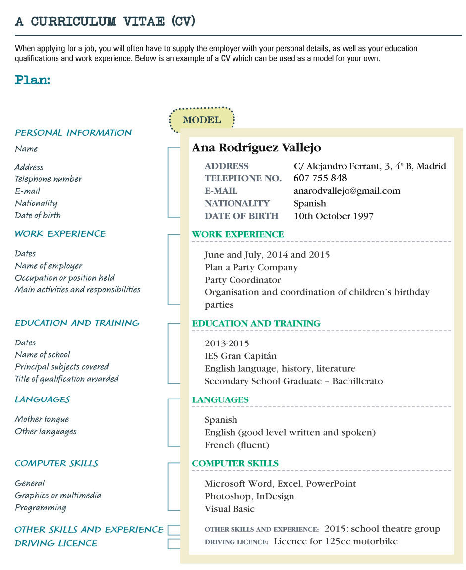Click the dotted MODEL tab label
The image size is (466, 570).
tap(202, 120)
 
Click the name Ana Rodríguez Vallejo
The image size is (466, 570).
tap(256, 148)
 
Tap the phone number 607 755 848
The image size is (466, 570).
tap(320, 178)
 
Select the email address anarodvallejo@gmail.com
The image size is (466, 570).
tap(347, 191)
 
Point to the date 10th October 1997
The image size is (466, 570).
tap(334, 216)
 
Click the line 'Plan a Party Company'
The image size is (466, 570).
tap(251, 267)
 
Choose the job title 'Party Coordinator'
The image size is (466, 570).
tap(242, 280)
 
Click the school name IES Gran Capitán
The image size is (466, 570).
tap(240, 356)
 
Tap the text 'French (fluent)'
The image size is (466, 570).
tap(236, 445)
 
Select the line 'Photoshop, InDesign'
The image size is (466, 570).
tap(249, 496)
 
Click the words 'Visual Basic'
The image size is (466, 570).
tap(230, 509)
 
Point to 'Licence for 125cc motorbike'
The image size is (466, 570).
tap(336, 541)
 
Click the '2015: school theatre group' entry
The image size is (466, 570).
tap(382, 529)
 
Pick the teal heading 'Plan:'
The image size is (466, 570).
tap(33, 80)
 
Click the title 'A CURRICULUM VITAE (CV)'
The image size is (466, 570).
tap(105, 21)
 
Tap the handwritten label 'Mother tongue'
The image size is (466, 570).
tap(42, 419)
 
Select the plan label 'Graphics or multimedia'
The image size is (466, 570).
tap(58, 495)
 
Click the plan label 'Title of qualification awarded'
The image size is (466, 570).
tap(67, 379)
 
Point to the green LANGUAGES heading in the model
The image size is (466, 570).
tap(220, 399)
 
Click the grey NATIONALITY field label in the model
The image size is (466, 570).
tap(237, 203)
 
